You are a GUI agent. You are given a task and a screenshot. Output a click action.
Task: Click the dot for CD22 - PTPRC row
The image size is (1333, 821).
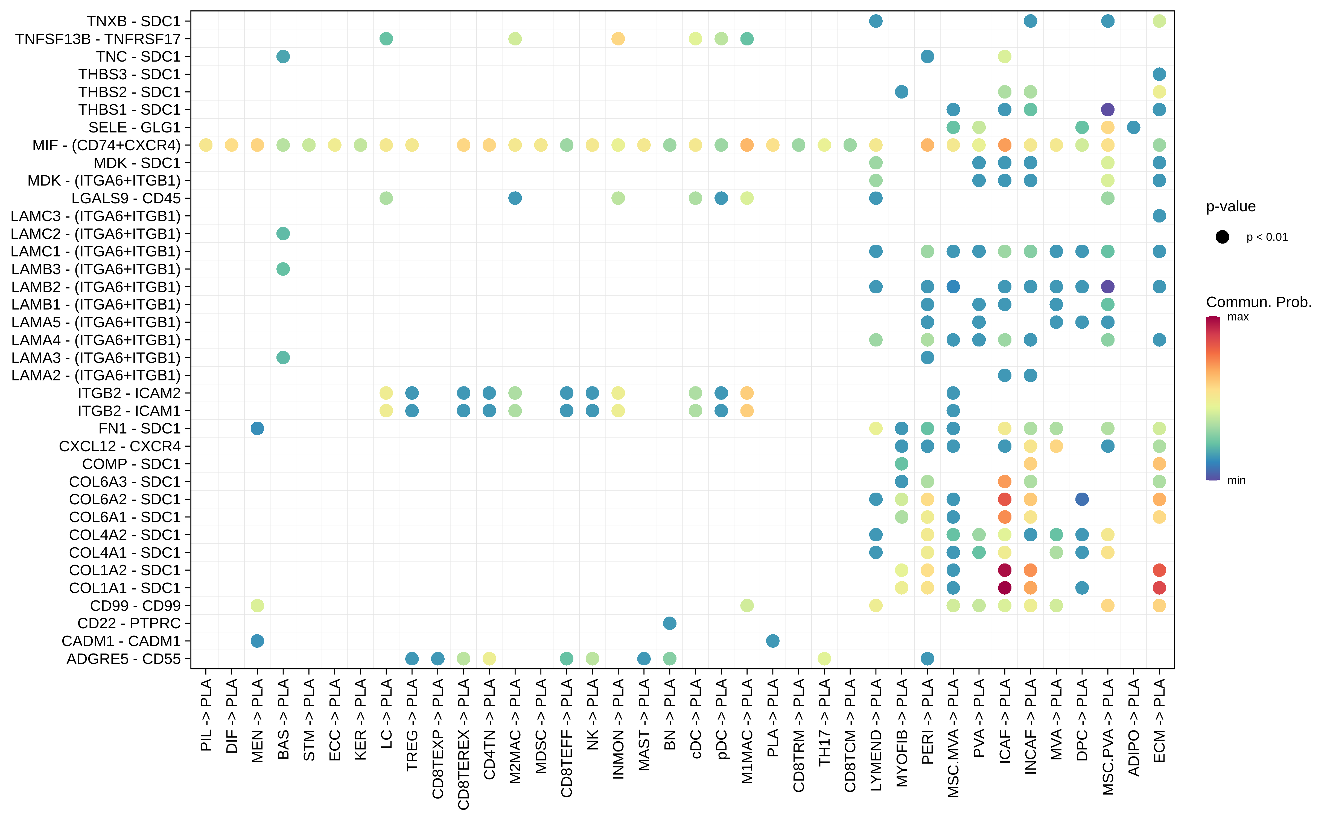(x=669, y=623)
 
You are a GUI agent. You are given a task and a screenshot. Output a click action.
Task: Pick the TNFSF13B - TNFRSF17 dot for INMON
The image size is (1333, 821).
(x=618, y=39)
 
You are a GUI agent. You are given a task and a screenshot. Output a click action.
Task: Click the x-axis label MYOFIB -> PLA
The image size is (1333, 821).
(x=902, y=732)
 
